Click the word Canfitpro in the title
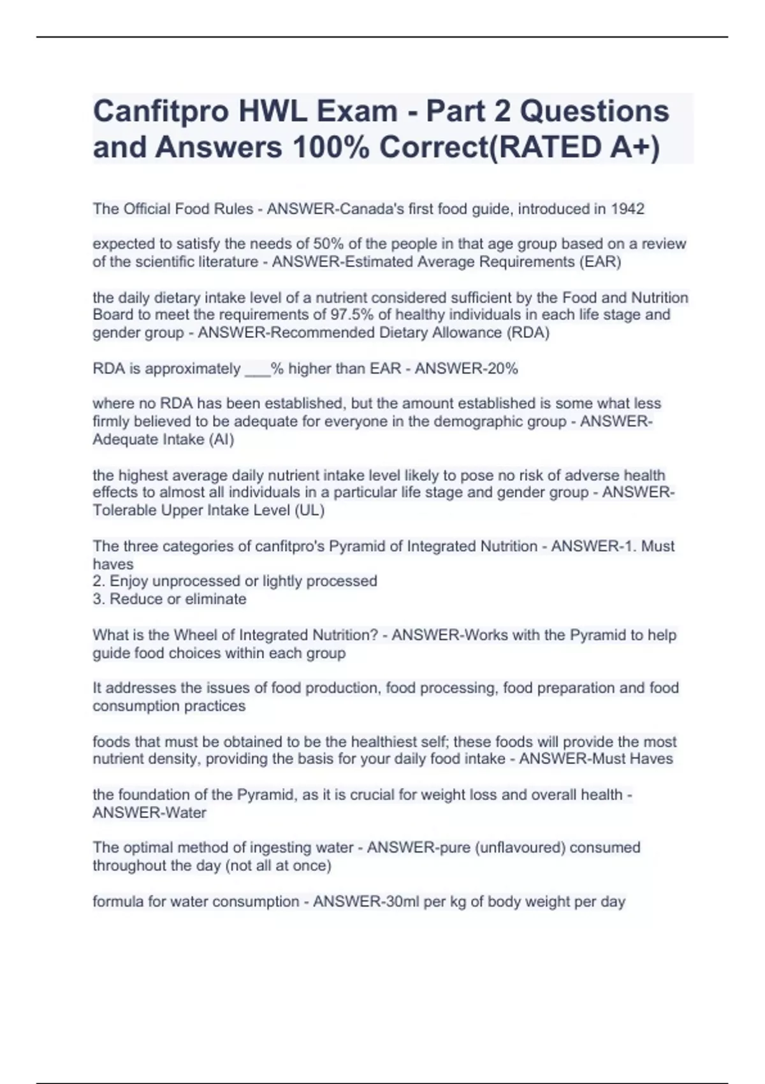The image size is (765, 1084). click(161, 112)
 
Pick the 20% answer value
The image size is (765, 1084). click(502, 369)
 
